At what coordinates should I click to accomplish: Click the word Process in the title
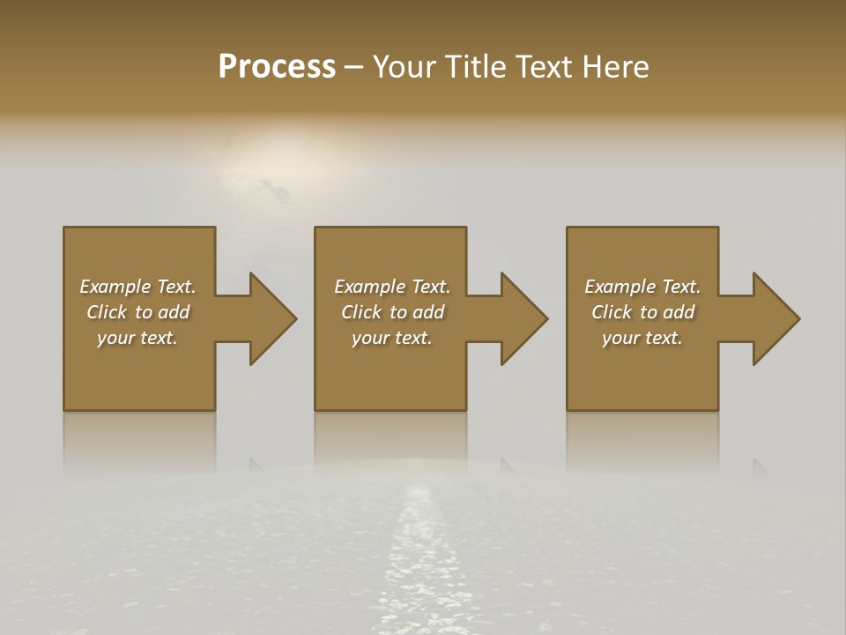coord(277,67)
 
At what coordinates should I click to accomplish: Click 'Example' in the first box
coord(115,287)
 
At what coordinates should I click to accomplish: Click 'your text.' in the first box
coord(137,338)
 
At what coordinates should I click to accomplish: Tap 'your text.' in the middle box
coord(392,338)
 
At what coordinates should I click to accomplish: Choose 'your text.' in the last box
coord(642,338)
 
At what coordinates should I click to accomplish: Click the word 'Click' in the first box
coord(107,312)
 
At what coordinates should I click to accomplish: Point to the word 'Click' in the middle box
coord(361,312)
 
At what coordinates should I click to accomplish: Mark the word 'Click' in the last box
coord(612,312)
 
